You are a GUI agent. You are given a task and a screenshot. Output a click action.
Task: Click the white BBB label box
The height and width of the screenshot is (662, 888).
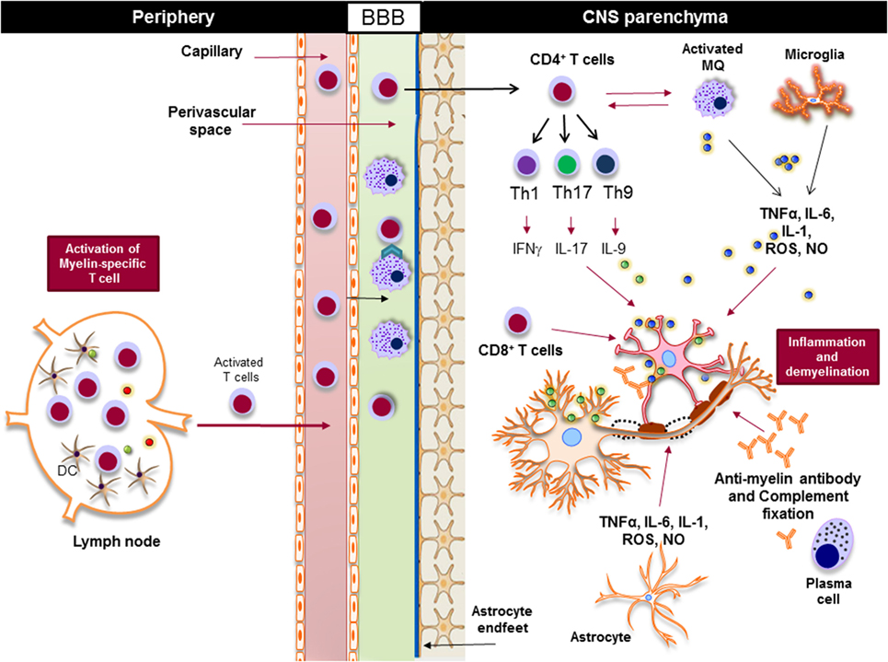coord(383,16)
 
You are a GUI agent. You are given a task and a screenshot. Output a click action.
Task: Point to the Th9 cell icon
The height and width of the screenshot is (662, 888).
coord(607,166)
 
